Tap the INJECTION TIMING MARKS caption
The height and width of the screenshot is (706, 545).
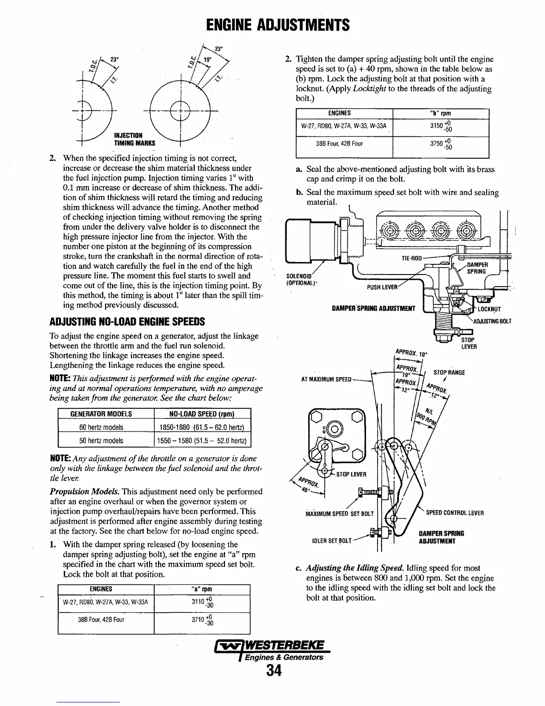[134, 139]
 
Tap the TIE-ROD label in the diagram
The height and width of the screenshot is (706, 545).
[412, 259]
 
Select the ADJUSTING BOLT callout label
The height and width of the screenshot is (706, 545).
[492, 321]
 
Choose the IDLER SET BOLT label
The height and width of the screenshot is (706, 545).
[333, 541]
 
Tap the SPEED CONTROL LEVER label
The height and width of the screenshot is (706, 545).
[455, 513]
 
